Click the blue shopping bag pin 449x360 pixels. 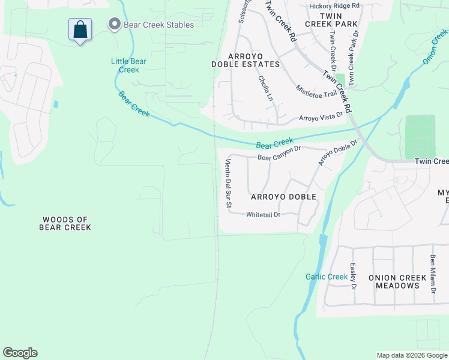[80, 30]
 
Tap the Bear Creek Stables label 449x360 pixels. [158, 25]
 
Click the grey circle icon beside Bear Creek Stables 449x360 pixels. [114, 25]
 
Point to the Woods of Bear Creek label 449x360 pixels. [65, 223]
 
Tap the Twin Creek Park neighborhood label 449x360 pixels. [331, 20]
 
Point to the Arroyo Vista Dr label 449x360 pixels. [321, 116]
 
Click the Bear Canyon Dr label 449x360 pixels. [279, 154]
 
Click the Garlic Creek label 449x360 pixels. [327, 277]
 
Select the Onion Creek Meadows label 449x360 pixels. [394, 281]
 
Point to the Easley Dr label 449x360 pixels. [354, 278]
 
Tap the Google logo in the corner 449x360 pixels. [20, 353]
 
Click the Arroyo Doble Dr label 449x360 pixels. [337, 153]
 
